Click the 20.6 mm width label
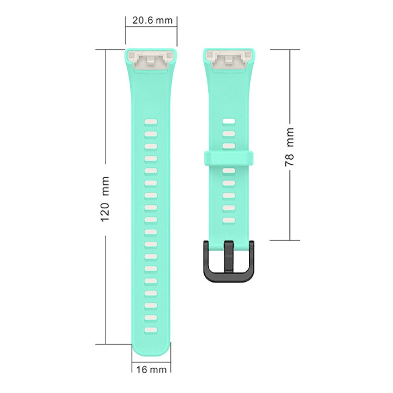(152, 20)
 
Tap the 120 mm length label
(105, 199)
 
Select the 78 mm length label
(289, 147)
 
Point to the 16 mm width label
(151, 369)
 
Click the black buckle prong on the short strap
(229, 257)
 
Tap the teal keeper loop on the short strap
(229, 158)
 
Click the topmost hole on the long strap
(151, 122)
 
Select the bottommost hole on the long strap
(151, 330)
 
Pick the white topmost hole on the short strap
(229, 121)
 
